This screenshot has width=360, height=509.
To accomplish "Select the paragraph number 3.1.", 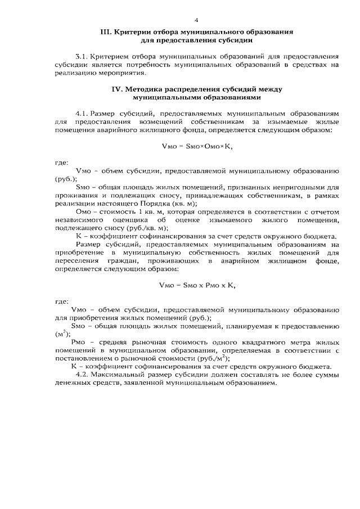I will tap(82, 57).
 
